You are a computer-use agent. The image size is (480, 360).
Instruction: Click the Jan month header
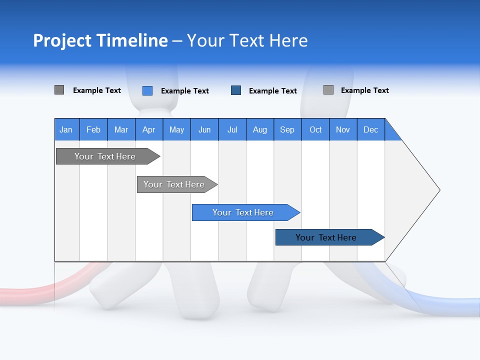(x=66, y=129)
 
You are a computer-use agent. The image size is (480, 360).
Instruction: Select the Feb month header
(x=93, y=129)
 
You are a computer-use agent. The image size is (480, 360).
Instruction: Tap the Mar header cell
(x=121, y=129)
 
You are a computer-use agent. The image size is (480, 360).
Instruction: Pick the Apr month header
(x=149, y=129)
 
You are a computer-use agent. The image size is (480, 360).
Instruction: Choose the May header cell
(x=176, y=129)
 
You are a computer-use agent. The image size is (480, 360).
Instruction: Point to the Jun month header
(x=204, y=129)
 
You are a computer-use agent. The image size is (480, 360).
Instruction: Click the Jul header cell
(x=232, y=129)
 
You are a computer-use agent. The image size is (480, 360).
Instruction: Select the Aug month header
(x=260, y=129)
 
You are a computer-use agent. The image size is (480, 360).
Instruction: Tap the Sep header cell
(x=287, y=129)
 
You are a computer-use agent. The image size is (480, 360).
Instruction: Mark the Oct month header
(x=315, y=129)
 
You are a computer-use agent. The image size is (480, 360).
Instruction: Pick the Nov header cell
(x=343, y=129)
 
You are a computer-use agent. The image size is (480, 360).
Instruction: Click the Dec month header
(x=371, y=129)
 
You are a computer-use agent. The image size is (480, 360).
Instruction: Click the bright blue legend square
(x=147, y=90)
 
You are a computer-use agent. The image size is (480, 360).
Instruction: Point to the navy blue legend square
(x=236, y=90)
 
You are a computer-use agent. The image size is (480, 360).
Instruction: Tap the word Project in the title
(x=61, y=40)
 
